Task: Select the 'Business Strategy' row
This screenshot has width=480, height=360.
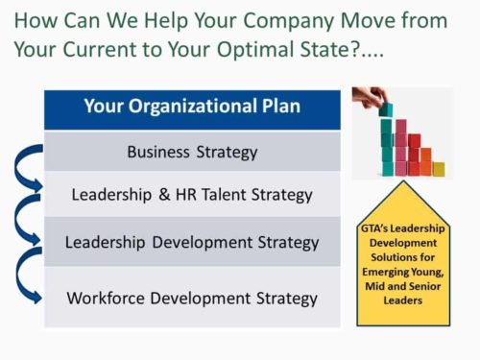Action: (x=192, y=151)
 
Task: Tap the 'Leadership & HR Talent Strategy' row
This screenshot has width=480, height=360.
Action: (x=192, y=194)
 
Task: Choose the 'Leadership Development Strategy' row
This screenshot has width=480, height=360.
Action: (x=192, y=242)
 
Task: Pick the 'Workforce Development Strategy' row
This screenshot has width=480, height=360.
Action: (x=192, y=298)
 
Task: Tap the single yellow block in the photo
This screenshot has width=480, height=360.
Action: (x=439, y=168)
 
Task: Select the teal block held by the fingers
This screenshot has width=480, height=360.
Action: (x=385, y=109)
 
